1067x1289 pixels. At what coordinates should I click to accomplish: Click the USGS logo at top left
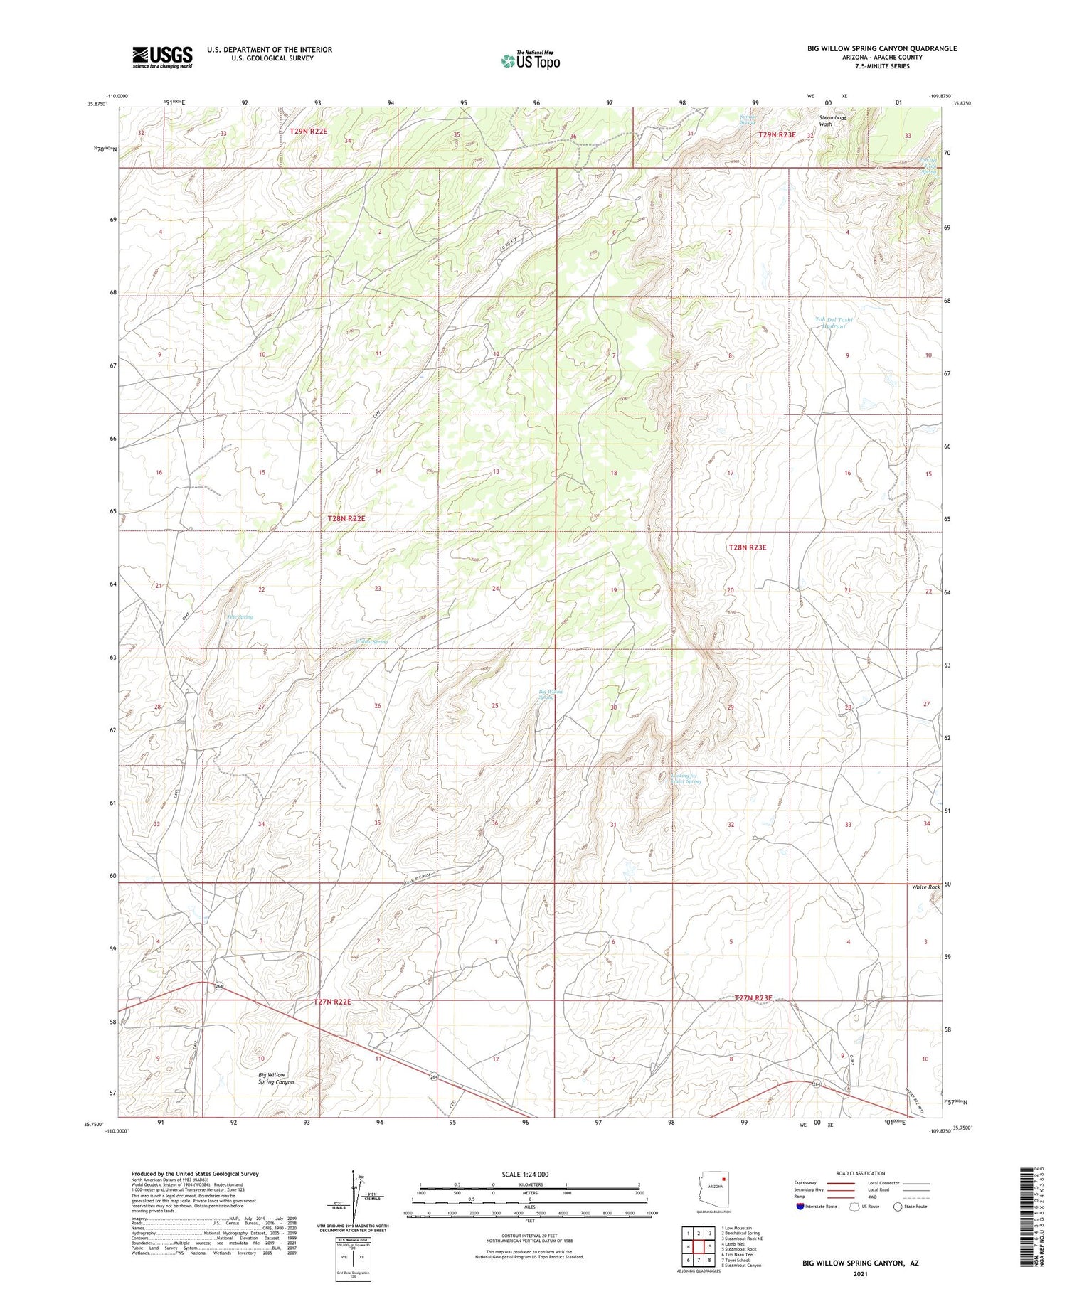click(162, 57)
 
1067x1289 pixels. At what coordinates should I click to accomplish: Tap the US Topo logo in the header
click(530, 61)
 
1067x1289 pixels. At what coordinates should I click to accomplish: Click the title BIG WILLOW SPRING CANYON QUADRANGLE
click(881, 48)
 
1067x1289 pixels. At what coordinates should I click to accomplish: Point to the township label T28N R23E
click(747, 547)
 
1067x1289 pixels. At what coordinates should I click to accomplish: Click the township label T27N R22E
click(332, 1002)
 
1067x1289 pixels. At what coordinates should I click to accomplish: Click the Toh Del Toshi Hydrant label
click(833, 323)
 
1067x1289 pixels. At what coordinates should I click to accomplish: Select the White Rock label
click(925, 887)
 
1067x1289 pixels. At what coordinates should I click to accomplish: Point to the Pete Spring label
click(240, 617)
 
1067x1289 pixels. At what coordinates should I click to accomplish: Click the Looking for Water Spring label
click(686, 779)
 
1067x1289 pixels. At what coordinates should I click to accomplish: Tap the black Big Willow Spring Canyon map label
click(275, 1079)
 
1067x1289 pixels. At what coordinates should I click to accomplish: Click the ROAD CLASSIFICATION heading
click(860, 1173)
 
